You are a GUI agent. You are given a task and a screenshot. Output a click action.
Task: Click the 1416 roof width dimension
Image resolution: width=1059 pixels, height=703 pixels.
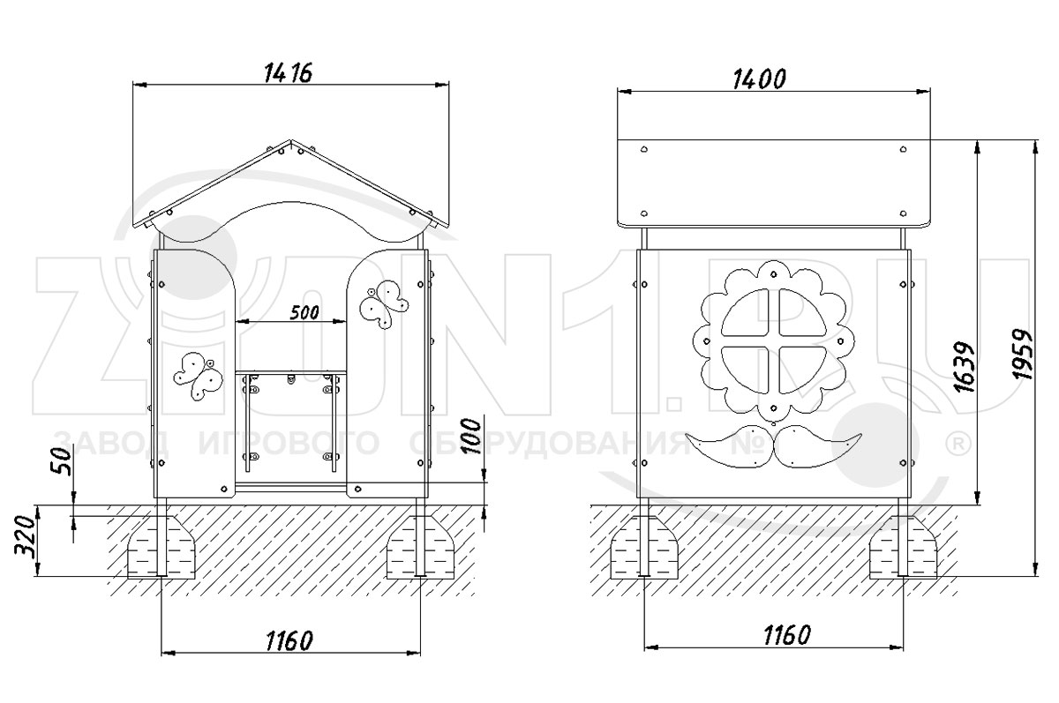point(288,73)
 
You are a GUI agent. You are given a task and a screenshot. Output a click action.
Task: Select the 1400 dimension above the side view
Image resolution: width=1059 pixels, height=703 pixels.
point(759,79)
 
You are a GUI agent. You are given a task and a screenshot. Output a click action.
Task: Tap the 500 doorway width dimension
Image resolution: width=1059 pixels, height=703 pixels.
point(304,312)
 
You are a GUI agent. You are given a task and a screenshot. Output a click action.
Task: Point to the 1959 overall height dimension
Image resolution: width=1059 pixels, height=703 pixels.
point(1022,354)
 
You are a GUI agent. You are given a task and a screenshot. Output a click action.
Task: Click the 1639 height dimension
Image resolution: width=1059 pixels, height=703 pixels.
point(964,367)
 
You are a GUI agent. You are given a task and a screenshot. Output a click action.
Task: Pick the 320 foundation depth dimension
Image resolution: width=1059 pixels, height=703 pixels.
point(26,538)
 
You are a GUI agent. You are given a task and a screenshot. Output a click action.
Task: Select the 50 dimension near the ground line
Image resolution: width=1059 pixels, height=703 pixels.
point(62,461)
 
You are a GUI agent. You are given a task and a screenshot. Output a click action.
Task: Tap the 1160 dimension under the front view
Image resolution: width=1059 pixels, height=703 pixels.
point(289,640)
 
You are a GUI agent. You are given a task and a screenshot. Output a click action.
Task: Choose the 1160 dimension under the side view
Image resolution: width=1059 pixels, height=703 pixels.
point(787,635)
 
